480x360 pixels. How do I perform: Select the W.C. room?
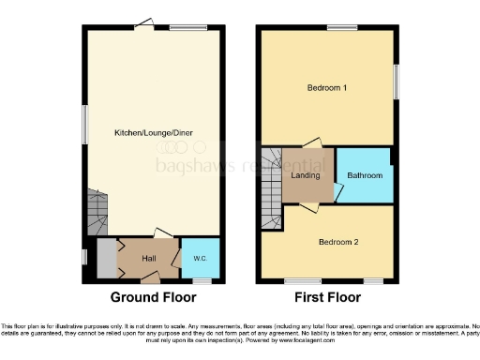click(199, 258)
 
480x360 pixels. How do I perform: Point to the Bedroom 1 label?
click(327, 88)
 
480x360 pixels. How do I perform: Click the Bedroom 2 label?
click(336, 242)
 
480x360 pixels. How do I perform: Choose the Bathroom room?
click(364, 175)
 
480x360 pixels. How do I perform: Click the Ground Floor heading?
click(154, 298)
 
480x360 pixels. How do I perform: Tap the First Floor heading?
click(327, 298)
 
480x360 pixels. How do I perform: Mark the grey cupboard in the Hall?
click(106, 260)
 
